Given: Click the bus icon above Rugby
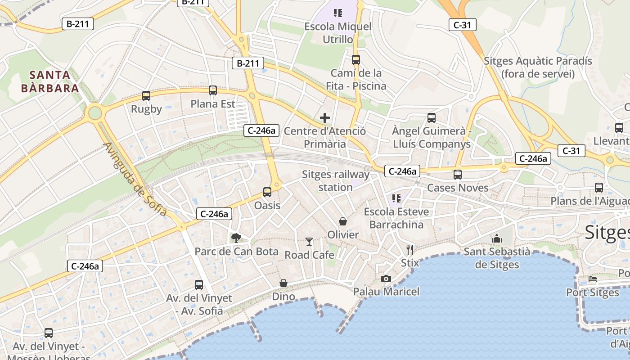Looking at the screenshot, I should tap(146, 95).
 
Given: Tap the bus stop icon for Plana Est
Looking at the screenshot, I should tap(213, 90).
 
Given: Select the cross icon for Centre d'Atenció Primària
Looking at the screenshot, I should tap(325, 118).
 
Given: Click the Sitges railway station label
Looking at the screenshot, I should tap(335, 180).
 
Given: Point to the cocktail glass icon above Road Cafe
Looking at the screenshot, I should tap(309, 242).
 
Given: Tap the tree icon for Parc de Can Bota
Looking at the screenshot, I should tap(236, 238).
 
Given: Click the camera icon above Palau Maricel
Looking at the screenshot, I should tap(386, 279).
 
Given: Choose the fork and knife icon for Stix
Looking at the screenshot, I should tap(409, 249).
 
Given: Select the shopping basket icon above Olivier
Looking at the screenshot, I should tap(343, 221).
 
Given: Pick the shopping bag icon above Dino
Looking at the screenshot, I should tap(283, 283).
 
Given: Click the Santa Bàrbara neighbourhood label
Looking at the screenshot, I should tap(50, 81).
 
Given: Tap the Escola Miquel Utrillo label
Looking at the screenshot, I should tap(338, 33).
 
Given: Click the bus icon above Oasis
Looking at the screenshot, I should tap(267, 192).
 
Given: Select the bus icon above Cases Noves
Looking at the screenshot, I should tap(458, 175).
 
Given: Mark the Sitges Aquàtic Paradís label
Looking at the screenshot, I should tap(538, 67).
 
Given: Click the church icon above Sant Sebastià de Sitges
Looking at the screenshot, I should tap(497, 238).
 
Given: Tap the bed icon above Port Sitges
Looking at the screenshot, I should tap(593, 279).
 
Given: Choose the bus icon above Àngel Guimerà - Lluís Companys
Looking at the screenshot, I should tap(432, 118).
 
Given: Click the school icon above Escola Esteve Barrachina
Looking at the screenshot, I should tap(396, 198).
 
